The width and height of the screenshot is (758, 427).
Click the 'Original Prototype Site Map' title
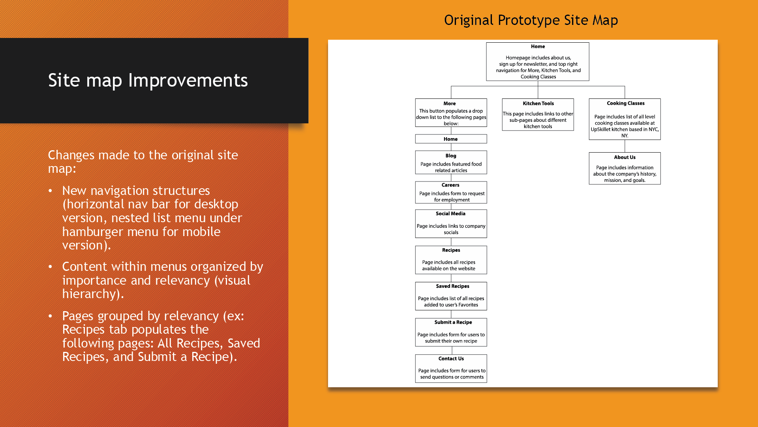click(531, 20)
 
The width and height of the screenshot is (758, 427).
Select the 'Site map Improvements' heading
click(148, 80)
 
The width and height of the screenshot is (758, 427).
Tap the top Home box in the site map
click(537, 62)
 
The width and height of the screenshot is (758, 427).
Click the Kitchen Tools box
click(538, 115)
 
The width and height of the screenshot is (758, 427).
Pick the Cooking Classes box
click(625, 119)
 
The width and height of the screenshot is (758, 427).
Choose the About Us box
click(625, 168)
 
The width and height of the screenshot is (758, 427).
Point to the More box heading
click(449, 104)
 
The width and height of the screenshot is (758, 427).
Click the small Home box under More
click(451, 139)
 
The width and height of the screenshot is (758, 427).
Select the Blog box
click(451, 162)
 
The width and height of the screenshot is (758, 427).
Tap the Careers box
click(451, 193)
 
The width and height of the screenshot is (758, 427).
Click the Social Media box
click(451, 224)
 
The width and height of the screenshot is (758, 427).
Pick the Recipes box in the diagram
click(451, 260)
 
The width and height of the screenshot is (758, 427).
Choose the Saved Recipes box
click(451, 296)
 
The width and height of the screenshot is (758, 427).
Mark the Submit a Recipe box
click(451, 332)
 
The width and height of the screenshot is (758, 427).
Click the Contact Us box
click(451, 368)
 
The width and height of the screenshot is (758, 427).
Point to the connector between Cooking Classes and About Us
click(625, 146)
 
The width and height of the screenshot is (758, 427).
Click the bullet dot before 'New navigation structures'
click(50, 191)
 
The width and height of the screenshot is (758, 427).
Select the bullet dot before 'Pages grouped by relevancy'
click(50, 316)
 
